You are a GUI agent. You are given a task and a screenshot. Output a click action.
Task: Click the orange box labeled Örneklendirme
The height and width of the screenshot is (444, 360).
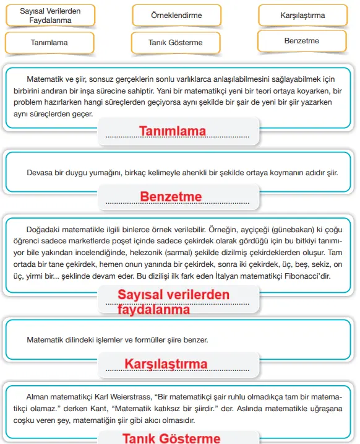176,15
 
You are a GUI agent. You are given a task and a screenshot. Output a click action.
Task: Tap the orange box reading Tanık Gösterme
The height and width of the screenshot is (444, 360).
176,43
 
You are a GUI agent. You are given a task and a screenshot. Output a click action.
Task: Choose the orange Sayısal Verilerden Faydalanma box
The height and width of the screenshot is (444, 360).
50,16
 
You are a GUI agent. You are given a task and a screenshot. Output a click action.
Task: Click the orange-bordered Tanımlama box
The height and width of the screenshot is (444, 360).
49,43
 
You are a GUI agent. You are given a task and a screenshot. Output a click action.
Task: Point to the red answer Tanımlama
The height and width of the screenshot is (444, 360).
173,131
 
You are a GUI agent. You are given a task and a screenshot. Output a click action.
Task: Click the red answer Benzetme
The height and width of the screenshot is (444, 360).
171,197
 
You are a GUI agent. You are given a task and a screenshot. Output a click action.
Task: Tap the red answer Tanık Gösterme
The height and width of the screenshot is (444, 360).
171,438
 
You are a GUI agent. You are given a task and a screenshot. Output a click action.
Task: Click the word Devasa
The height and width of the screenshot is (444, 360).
39,172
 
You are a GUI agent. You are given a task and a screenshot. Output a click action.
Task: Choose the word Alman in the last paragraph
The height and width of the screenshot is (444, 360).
38,396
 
